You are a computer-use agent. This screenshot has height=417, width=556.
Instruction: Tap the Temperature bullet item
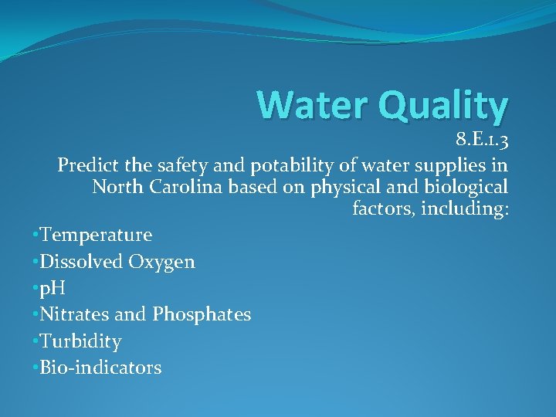point(96,234)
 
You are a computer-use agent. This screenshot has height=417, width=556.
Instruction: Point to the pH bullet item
point(53,288)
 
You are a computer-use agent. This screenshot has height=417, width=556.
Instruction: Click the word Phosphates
point(202,315)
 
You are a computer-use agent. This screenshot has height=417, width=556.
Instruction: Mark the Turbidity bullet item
point(80,341)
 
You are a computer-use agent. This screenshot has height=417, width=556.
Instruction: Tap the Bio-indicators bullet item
point(100,367)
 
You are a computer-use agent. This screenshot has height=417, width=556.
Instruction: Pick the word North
point(115,187)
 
